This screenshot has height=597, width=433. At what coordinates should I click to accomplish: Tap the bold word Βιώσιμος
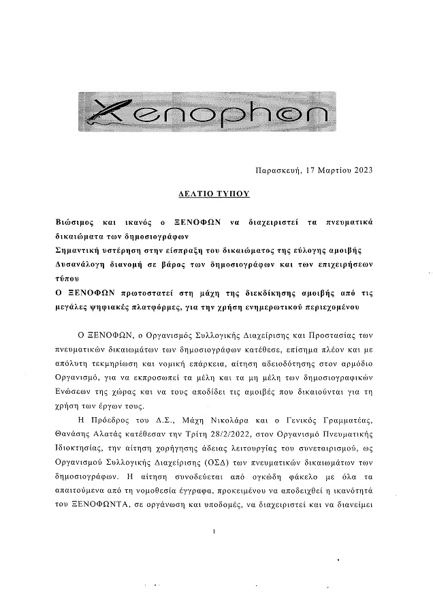coord(79,223)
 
